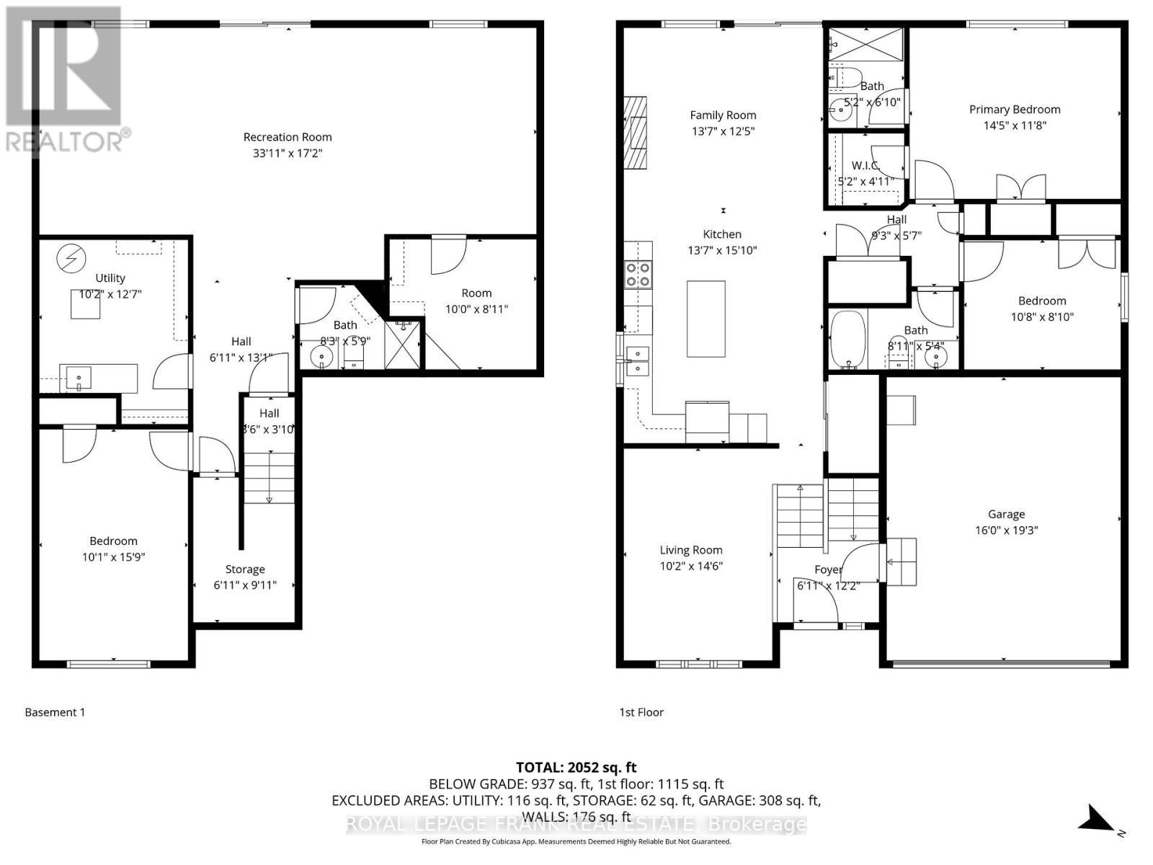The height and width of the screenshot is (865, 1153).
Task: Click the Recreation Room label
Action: click(288, 137)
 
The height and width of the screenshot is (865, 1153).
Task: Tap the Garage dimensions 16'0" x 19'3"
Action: click(1006, 531)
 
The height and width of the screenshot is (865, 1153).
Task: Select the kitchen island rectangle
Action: click(705, 319)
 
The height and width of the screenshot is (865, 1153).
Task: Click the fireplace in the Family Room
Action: click(636, 133)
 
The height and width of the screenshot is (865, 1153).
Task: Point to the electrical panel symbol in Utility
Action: click(71, 258)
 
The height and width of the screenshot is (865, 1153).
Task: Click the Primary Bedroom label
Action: click(1015, 110)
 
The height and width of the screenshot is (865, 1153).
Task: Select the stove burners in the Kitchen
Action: click(638, 275)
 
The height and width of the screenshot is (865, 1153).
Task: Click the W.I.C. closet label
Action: click(865, 166)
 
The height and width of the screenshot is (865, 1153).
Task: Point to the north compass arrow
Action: click(1100, 821)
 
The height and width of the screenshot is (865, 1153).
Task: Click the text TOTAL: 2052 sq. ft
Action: click(576, 768)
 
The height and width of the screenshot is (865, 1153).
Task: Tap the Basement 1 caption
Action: click(55, 712)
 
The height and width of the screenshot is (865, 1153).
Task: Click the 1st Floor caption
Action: click(641, 712)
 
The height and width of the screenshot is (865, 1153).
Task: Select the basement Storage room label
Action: click(245, 569)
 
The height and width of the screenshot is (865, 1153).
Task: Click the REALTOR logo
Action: click(64, 79)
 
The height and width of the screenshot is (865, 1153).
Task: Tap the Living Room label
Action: click(690, 550)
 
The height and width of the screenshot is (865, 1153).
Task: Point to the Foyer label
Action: click(828, 569)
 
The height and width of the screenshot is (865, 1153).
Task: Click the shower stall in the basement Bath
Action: click(403, 345)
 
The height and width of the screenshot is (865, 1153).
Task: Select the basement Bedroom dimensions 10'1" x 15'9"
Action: click(114, 557)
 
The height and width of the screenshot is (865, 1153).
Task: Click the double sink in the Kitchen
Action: click(637, 361)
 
